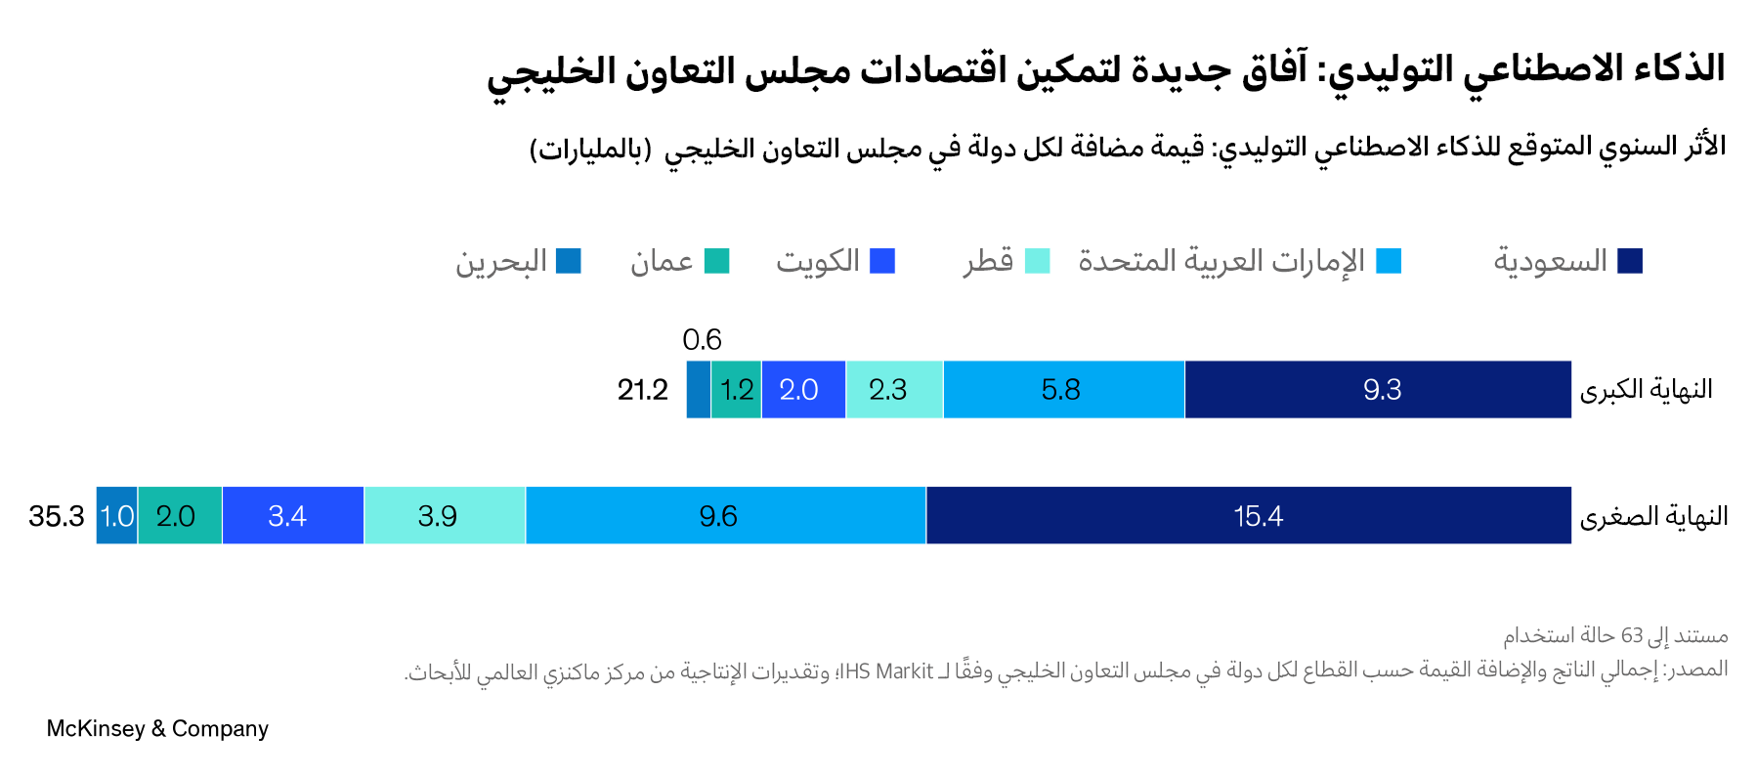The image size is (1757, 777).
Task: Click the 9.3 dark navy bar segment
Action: pos(1378,390)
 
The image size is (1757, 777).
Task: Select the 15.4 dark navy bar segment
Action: pos(1249,516)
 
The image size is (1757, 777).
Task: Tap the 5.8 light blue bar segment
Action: pos(1063,390)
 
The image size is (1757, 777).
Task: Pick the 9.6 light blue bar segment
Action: pos(725,516)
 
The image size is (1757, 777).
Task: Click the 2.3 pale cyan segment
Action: pos(893,390)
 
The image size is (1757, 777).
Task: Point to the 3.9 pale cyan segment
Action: pos(445,516)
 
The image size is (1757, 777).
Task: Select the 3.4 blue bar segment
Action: pos(292,516)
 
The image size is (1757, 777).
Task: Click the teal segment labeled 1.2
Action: pos(736,390)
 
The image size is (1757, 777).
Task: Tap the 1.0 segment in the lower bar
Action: pos(117,516)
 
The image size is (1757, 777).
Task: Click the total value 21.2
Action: pos(642,390)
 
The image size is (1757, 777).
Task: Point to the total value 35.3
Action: pos(57,516)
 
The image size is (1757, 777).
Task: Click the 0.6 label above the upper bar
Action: pos(702,340)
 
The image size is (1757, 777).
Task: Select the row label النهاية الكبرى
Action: pos(1646,390)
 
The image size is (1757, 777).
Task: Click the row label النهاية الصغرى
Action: pos(1653,516)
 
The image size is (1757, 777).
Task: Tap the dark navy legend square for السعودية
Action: pos(1630,261)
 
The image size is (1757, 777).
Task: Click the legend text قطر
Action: pos(988,261)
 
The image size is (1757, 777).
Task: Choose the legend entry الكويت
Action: pos(818,261)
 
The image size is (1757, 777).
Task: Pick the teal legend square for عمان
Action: pos(717,261)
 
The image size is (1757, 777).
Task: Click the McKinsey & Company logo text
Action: pos(157,729)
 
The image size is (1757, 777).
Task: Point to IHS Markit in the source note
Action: pos(887,671)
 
